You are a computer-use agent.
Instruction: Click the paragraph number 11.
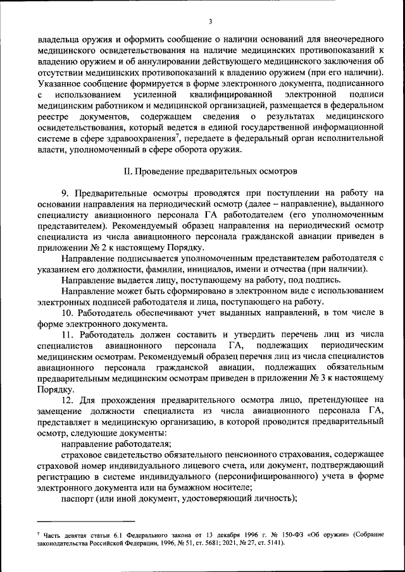[x=66, y=335]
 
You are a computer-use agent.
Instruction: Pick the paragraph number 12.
[x=66, y=400]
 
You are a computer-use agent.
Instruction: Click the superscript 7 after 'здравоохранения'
[x=179, y=136]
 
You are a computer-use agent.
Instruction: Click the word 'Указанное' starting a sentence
[x=58, y=83]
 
